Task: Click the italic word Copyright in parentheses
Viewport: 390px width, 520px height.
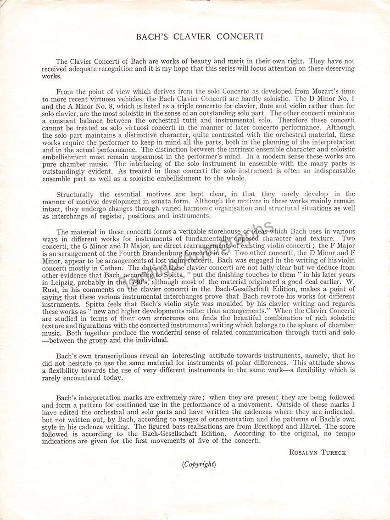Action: [x=198, y=464]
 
